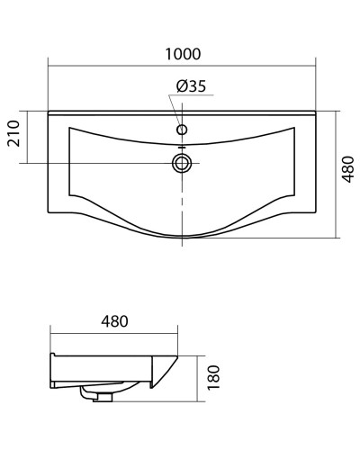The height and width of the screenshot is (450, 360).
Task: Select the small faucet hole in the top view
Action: pyautogui.click(x=182, y=130)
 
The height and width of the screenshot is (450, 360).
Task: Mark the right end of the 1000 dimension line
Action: pyautogui.click(x=317, y=66)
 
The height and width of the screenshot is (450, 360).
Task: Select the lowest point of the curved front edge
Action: pyautogui.click(x=182, y=238)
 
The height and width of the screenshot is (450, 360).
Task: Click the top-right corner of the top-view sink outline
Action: pyautogui.click(x=317, y=112)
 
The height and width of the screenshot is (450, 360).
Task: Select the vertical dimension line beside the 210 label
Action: pyautogui.click(x=33, y=138)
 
